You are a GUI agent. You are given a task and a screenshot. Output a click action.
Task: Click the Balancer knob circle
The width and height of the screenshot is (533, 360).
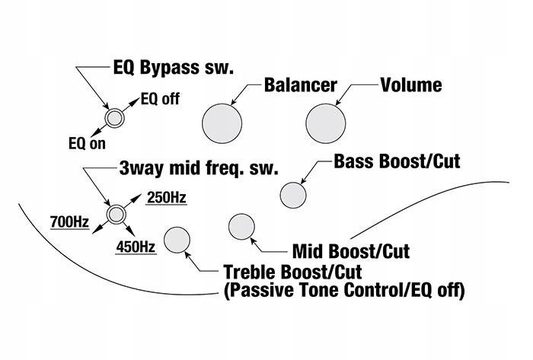(x=222, y=121)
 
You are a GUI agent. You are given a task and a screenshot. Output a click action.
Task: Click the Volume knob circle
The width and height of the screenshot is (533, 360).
(x=327, y=121)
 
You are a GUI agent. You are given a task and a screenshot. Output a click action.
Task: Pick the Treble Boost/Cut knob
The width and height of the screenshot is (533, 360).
(x=177, y=240)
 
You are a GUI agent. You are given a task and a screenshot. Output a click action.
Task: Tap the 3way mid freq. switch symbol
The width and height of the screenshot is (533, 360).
(x=116, y=215)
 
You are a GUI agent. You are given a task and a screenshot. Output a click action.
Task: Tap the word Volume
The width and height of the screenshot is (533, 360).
(x=410, y=84)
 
